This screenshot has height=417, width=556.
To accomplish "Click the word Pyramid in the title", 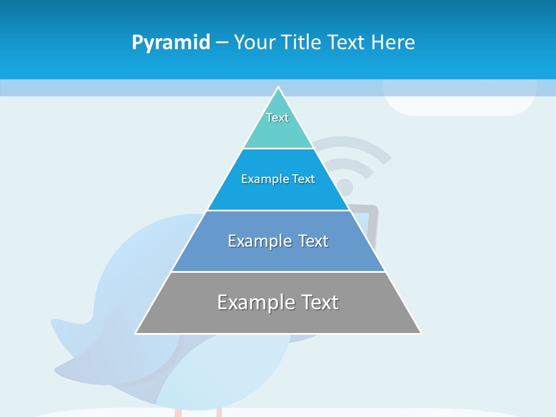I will pyautogui.click(x=170, y=43).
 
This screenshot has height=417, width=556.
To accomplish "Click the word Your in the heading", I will pyautogui.click(x=255, y=42).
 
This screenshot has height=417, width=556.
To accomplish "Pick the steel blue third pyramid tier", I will pyautogui.click(x=278, y=255).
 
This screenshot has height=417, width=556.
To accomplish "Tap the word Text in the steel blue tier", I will pyautogui.click(x=313, y=241).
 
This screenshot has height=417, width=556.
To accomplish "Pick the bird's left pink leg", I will pyautogui.click(x=178, y=412).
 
